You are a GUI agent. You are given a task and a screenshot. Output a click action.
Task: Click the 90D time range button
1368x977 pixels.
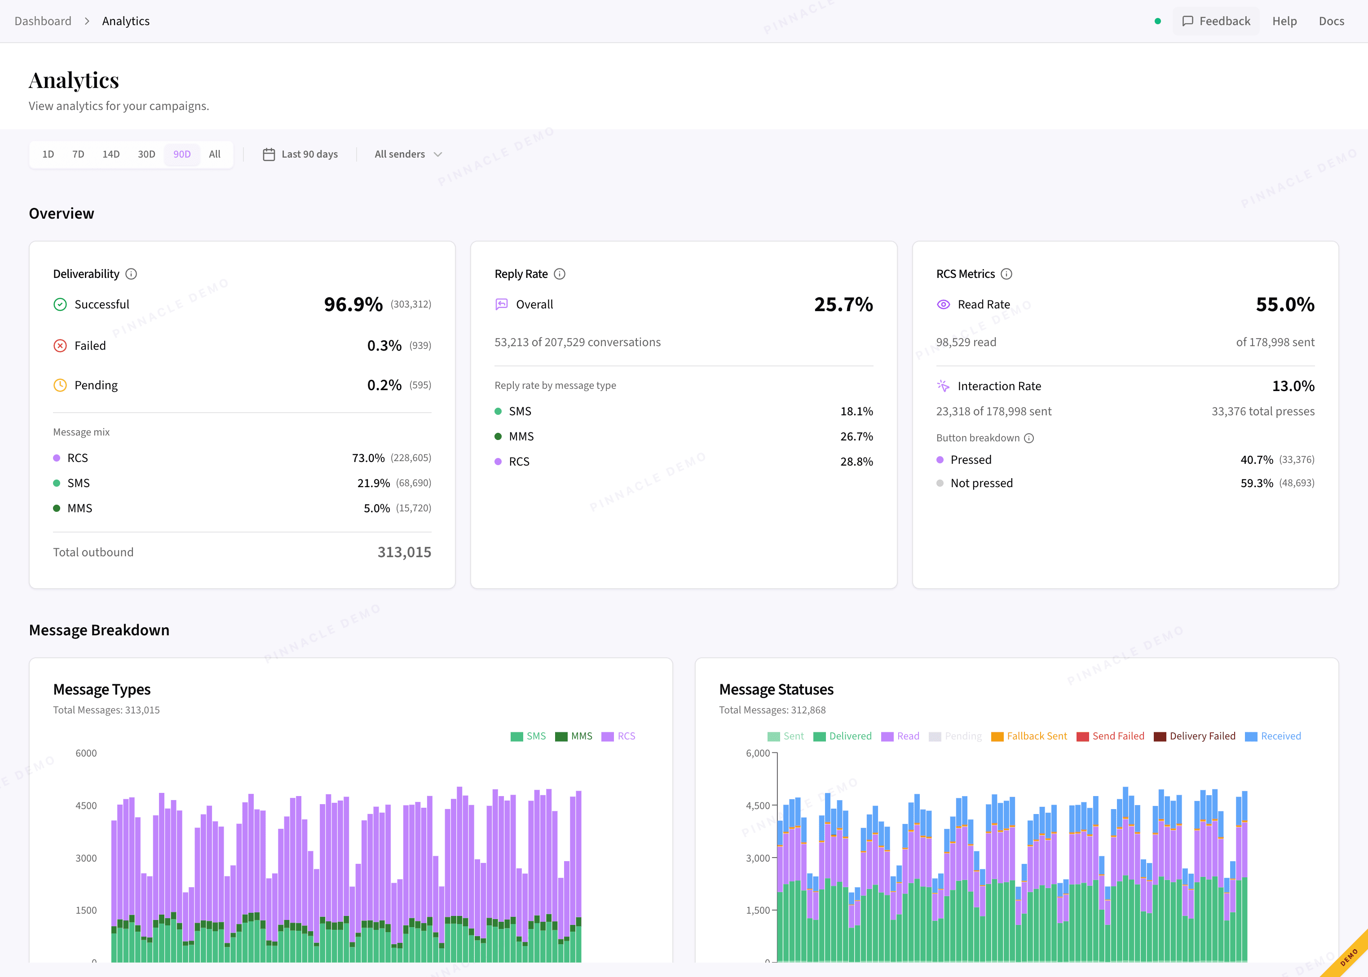point(182,154)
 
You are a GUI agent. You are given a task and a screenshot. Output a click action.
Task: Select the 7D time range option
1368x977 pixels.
point(78,154)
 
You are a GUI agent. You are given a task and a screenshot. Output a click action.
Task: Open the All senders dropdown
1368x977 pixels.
point(408,154)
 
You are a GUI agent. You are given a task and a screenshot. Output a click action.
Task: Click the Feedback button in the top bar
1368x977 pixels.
point(1216,21)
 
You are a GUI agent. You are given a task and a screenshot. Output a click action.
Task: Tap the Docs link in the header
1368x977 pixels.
point(1331,21)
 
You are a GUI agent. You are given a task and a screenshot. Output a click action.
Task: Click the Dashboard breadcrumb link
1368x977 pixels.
point(43,21)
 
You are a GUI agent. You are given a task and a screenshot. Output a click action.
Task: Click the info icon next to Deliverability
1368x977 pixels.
point(131,274)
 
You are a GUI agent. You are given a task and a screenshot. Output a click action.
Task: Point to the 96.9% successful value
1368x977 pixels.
point(353,304)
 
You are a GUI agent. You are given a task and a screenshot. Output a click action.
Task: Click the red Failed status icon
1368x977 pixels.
point(60,345)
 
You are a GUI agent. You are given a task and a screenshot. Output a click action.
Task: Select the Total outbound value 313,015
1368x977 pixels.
point(404,552)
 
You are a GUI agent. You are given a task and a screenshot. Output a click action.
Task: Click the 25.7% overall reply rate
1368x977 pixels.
point(843,304)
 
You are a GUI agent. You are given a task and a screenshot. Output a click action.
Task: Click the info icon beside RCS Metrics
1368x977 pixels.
point(1006,274)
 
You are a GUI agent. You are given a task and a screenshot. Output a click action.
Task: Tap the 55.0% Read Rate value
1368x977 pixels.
point(1284,304)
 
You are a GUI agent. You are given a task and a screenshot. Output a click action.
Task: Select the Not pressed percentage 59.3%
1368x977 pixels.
point(1256,483)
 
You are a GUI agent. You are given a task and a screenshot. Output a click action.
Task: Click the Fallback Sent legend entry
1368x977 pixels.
point(1029,736)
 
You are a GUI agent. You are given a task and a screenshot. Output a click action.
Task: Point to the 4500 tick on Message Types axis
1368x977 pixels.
point(86,805)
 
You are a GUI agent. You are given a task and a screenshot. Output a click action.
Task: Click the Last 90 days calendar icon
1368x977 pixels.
point(269,154)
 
